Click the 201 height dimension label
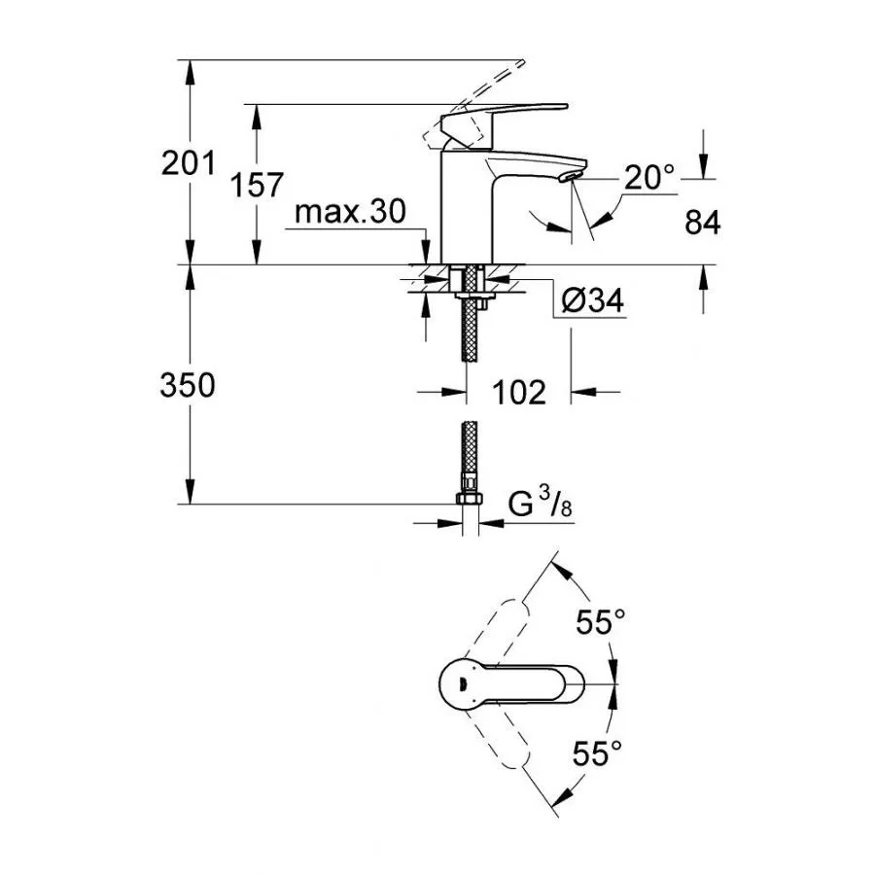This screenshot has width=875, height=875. [x=189, y=163]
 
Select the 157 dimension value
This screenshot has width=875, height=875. [x=257, y=185]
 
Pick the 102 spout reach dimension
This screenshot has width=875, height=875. [x=517, y=392]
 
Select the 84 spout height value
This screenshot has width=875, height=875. [x=702, y=223]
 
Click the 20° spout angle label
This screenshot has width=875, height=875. [x=649, y=178]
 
